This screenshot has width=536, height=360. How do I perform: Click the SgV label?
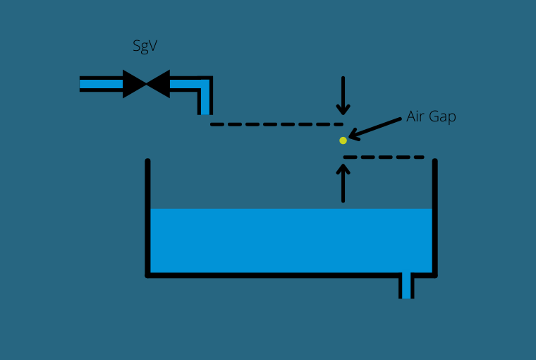click(145, 47)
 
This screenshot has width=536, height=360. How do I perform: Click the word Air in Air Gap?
click(417, 116)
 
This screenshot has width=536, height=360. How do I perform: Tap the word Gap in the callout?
click(443, 117)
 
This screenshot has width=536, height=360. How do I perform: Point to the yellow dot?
click(343, 140)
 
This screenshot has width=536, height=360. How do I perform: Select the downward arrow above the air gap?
click(343, 95)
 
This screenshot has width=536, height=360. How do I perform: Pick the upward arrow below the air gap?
click(343, 184)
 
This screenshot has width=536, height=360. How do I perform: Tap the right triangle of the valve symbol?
click(159, 84)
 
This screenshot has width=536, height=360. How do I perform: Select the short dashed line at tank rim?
click(384, 157)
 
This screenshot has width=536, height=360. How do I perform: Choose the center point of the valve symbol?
click(146, 84)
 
